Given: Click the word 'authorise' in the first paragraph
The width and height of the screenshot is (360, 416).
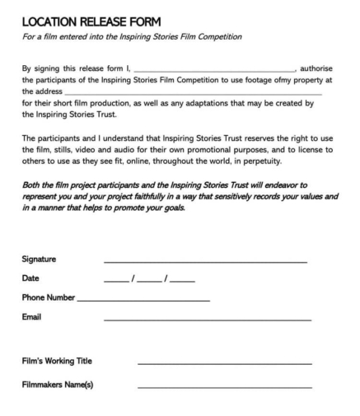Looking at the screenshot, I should pyautogui.click(x=317, y=70).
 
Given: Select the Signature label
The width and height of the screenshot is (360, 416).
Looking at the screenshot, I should pyautogui.click(x=40, y=259).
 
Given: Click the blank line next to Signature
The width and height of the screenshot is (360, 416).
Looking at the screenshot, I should pyautogui.click(x=205, y=262).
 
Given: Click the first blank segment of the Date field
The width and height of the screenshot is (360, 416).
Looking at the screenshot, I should pyautogui.click(x=116, y=281).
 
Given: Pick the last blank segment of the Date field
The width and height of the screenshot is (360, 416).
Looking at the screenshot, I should pyautogui.click(x=182, y=281).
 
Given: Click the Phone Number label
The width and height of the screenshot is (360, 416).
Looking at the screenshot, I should pyautogui.click(x=48, y=297).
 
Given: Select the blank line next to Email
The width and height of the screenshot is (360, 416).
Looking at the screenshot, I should pyautogui.click(x=208, y=319).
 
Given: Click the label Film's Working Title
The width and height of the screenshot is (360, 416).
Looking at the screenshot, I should pyautogui.click(x=57, y=361).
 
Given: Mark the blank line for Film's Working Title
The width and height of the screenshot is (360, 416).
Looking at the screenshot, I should pyautogui.click(x=225, y=364).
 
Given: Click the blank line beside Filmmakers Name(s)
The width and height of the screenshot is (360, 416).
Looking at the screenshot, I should pyautogui.click(x=225, y=387).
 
